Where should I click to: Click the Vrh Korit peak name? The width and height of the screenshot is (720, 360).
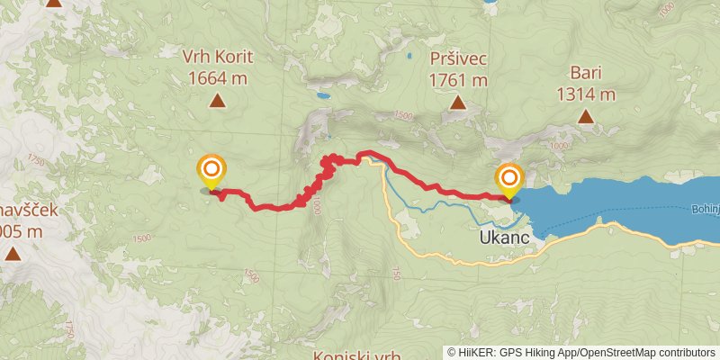216,56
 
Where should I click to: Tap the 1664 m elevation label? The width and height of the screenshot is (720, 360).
217,77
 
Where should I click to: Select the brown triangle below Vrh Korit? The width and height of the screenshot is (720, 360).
217,101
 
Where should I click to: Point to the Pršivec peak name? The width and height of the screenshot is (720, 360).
459,58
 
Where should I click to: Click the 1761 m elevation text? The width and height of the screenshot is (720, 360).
459,80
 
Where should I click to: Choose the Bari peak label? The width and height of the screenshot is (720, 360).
586,73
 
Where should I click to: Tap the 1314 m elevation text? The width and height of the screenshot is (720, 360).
586,94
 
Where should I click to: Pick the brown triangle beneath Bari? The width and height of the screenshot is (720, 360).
586,116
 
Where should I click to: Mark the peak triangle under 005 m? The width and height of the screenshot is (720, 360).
13,254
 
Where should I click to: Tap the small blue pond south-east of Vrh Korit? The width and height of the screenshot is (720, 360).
321,94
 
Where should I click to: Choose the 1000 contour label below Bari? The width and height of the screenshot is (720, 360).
559,145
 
